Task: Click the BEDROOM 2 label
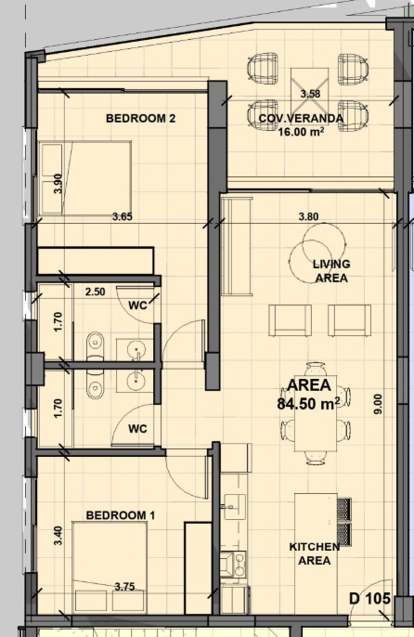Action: click(140, 118)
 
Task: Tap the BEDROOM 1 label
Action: click(121, 515)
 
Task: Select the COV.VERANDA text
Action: click(301, 119)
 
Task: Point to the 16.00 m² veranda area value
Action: click(301, 131)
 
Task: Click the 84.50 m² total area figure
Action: click(309, 404)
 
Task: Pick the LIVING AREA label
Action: click(331, 271)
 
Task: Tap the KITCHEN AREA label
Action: click(315, 553)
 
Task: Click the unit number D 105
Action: click(369, 598)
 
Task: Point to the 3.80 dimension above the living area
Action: click(308, 216)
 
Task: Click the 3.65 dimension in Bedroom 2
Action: click(123, 216)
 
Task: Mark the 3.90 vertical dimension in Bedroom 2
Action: click(58, 183)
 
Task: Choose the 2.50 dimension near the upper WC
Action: click(95, 292)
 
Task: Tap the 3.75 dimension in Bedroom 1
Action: click(124, 587)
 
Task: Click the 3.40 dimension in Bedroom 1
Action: click(58, 536)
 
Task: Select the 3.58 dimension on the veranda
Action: click(310, 94)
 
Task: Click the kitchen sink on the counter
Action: click(235, 506)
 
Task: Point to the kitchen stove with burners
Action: click(234, 564)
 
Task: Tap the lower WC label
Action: click(137, 429)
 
